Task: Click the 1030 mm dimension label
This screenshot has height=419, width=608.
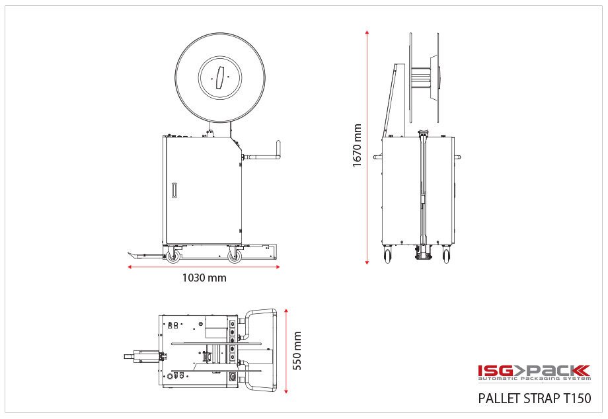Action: point(204,278)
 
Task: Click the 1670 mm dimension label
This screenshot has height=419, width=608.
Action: point(358,146)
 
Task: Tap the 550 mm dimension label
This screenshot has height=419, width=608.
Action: point(297,351)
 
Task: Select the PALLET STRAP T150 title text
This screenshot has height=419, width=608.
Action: point(534,399)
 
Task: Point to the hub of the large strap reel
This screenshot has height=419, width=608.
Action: point(220,77)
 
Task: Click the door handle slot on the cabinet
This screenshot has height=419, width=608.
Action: point(174,190)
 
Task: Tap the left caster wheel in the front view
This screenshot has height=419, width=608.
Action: point(173,255)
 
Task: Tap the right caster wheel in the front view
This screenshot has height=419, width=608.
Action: point(234,255)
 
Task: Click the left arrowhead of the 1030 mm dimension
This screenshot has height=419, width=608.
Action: point(130,267)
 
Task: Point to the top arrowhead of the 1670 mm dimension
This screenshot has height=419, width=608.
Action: point(367,32)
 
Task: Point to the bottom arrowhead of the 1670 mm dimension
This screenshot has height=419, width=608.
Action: point(367,262)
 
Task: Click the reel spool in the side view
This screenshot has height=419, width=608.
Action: point(423,77)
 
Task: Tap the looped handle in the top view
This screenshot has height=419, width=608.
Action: point(261,350)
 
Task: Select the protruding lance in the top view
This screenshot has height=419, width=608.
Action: point(140,356)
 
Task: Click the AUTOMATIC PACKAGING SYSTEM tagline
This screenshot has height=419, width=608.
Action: point(534,379)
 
